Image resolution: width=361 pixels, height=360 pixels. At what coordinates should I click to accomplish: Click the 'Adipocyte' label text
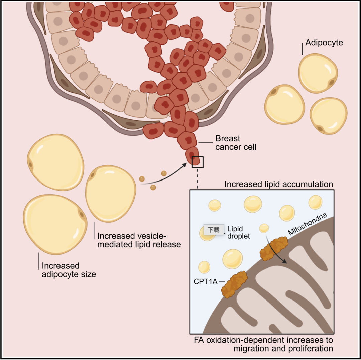[x=324, y=43]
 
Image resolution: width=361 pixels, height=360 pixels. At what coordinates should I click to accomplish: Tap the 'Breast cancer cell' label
[x=236, y=143]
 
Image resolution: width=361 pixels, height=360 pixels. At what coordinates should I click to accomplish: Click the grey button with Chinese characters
[x=214, y=230]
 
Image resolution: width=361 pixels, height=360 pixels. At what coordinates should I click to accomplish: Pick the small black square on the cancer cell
[x=198, y=162]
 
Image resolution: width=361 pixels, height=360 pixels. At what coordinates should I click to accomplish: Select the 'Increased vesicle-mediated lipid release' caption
[x=139, y=240]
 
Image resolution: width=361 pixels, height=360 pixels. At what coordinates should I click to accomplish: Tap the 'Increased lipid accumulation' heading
[x=278, y=184]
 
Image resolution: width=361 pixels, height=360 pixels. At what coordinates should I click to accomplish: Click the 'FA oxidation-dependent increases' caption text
[x=263, y=344]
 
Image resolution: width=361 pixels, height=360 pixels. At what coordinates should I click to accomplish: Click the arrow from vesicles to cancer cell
[x=164, y=176]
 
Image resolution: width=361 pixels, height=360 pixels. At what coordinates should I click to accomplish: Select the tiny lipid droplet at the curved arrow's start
[x=264, y=228]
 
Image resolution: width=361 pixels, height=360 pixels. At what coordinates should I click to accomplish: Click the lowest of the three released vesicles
[x=153, y=188]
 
